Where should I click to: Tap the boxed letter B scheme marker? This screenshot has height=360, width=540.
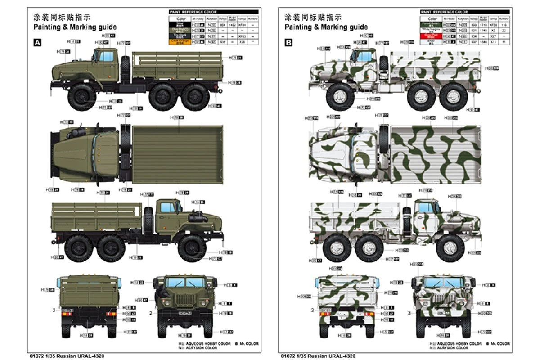288,43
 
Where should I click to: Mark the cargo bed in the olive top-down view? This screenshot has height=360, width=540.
178,155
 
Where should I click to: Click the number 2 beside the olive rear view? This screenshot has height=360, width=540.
53,310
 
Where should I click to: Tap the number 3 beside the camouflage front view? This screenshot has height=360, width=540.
409,312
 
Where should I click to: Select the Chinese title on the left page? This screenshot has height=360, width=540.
62,18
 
